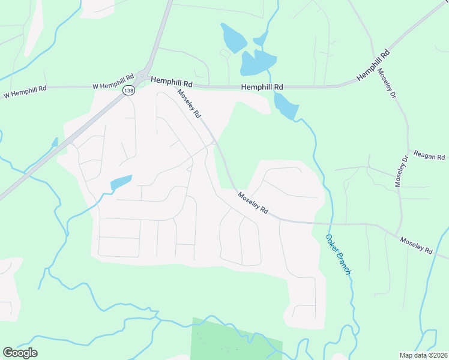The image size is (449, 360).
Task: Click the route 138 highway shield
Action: coord(128,91)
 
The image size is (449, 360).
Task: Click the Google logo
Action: coord(20,353)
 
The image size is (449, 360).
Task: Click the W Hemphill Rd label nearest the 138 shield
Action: coord(113,82)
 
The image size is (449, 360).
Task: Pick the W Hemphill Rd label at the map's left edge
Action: coord(25,92)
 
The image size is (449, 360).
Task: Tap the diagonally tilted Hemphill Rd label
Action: coord(373,65)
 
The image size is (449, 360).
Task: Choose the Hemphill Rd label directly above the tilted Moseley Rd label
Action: coord(171,80)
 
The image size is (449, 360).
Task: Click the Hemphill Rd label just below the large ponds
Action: coord(262,87)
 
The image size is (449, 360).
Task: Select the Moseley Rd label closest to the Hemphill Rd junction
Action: coord(188,103)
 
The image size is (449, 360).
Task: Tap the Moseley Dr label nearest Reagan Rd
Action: coord(401,171)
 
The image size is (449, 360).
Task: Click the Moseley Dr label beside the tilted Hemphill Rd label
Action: coord(387,84)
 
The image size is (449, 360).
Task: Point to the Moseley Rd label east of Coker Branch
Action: coord(417,245)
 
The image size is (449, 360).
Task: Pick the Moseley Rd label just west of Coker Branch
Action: coord(253,203)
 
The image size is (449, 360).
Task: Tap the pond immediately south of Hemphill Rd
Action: coord(286,106)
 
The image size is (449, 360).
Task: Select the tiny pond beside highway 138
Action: coord(55,143)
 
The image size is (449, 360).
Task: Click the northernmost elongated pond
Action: coord(232,38)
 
